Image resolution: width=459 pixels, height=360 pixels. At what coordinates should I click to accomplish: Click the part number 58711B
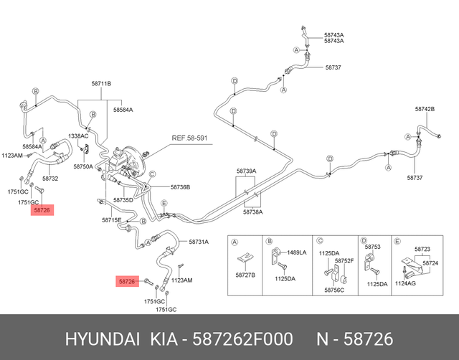(101, 85)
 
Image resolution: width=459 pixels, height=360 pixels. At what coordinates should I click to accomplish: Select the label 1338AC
(78, 136)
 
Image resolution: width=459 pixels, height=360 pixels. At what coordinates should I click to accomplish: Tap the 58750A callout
(83, 166)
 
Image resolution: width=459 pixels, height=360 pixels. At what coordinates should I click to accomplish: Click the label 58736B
(180, 186)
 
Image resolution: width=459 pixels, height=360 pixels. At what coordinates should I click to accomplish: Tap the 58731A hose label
(199, 242)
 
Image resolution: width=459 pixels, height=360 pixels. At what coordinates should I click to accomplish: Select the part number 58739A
(246, 172)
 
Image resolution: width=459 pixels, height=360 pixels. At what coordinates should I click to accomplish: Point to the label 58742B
(425, 109)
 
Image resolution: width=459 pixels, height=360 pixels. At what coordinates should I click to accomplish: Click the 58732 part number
(50, 178)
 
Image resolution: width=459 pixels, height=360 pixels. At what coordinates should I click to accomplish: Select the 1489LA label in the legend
(296, 252)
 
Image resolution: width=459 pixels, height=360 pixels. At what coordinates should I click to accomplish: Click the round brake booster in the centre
(131, 161)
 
